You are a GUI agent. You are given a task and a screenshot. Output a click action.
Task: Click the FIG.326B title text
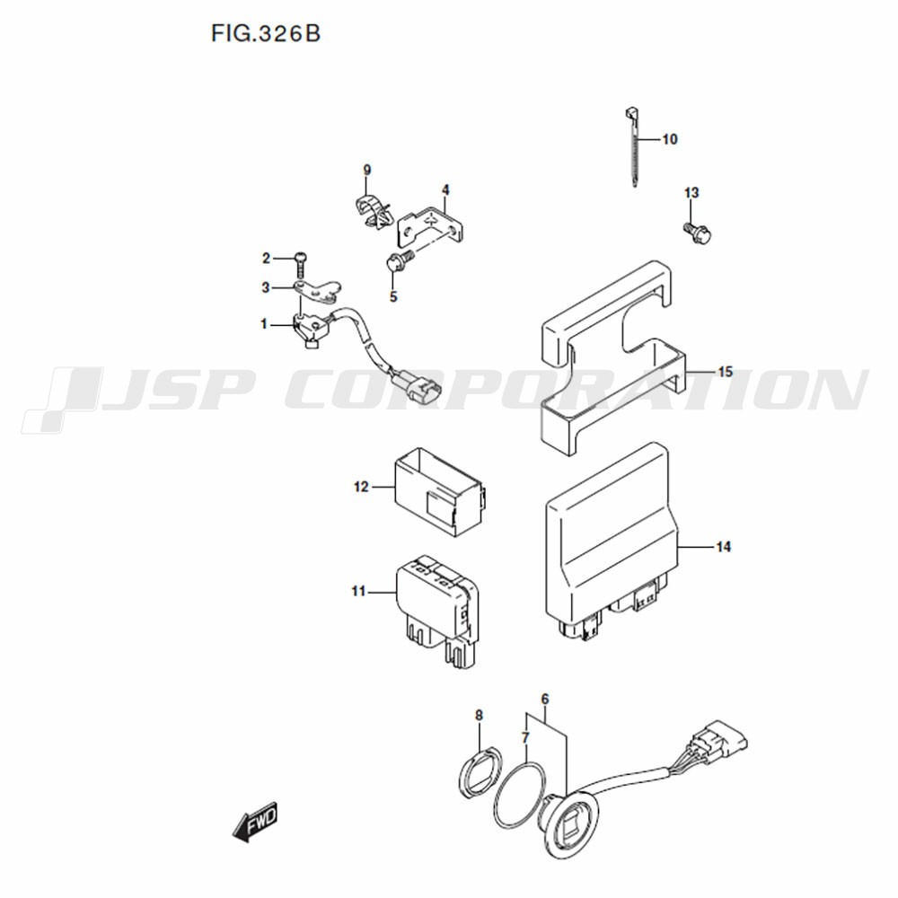point(266,34)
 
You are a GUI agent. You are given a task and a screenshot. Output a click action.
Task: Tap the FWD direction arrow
point(255,821)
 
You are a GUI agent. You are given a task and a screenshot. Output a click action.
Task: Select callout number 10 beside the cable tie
point(670,139)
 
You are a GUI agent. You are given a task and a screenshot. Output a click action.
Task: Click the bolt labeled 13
point(698,233)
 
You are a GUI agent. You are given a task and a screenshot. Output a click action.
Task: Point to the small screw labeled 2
point(301,265)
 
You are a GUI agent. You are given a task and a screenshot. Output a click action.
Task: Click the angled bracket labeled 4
point(431,225)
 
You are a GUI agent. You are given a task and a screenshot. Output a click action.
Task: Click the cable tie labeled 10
point(632,148)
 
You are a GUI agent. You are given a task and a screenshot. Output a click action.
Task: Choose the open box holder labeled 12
point(440,492)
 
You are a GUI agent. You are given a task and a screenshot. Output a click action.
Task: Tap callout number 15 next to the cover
point(725,372)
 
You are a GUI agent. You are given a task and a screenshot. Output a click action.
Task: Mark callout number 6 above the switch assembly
point(545,699)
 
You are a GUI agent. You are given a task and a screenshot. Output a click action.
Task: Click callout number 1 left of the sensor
point(264,324)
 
